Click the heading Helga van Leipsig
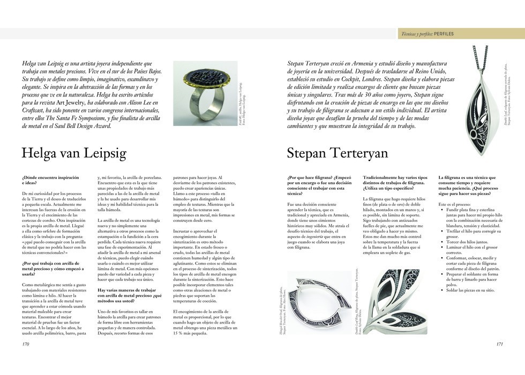(74, 154)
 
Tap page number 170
(25, 344)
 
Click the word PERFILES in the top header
(444, 34)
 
